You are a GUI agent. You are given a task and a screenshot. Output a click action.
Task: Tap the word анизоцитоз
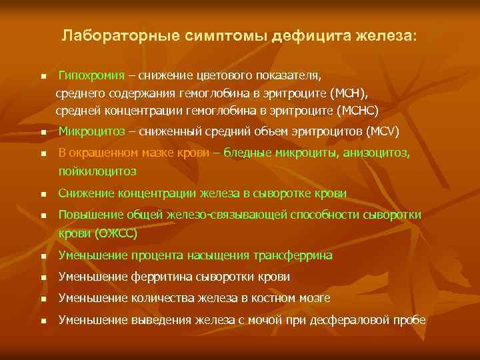coord(378,153)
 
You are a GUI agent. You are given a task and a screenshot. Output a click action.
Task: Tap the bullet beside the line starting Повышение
coord(41,216)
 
